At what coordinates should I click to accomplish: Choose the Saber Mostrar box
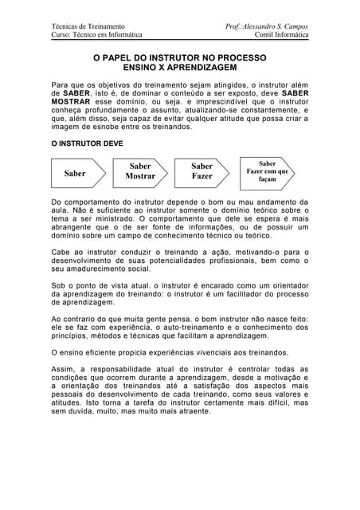pos(139,171)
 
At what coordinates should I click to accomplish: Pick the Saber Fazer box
pos(202,171)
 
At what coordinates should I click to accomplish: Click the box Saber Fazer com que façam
pos(268,171)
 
